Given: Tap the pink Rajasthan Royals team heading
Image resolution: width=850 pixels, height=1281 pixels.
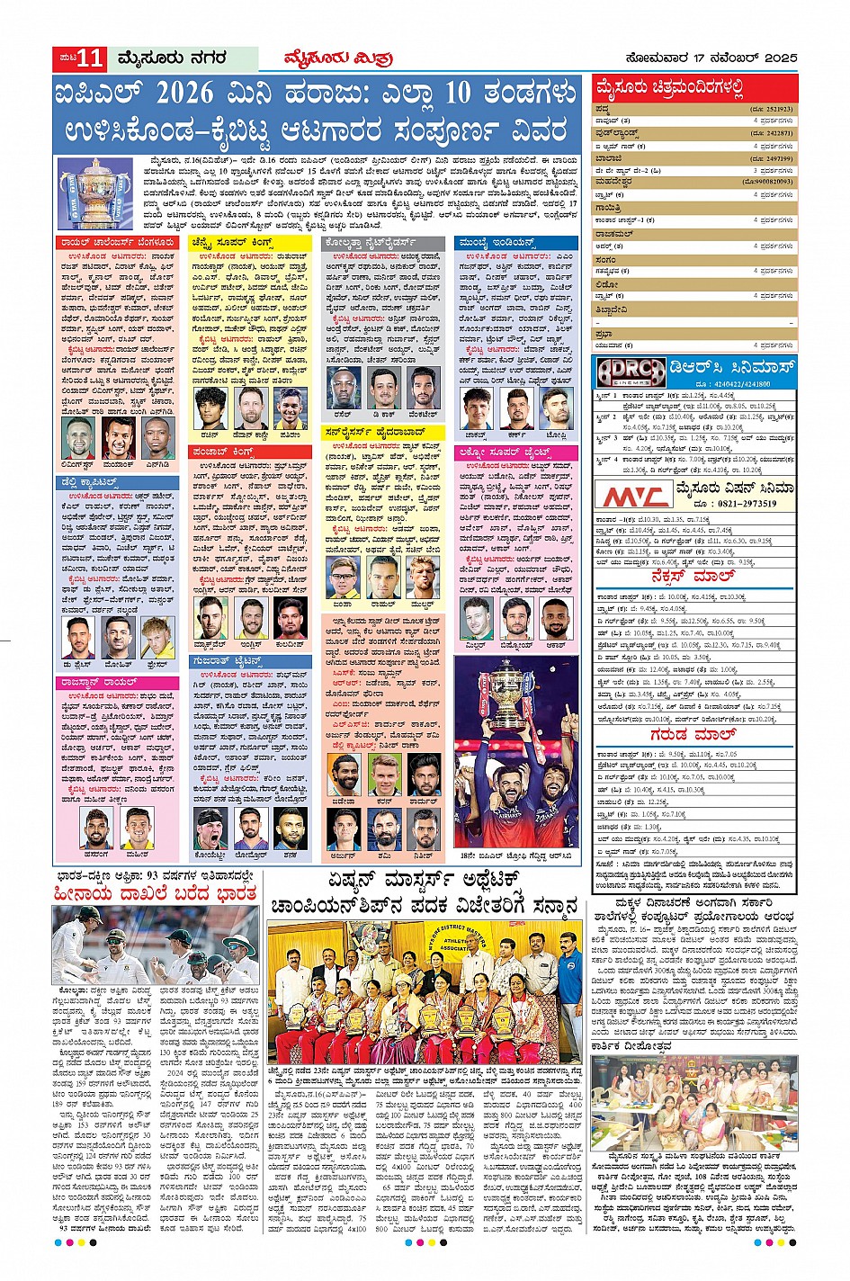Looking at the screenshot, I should (96, 683).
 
